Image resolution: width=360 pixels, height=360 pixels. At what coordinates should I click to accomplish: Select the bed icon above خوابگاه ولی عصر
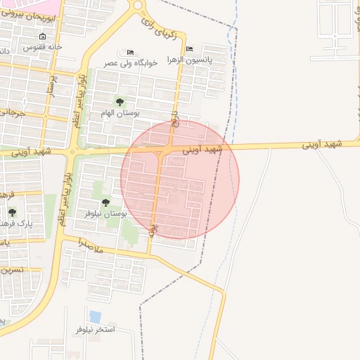129,53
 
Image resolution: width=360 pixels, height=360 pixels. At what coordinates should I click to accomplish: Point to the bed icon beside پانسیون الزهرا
190,49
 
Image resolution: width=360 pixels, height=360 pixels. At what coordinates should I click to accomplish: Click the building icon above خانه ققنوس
43,37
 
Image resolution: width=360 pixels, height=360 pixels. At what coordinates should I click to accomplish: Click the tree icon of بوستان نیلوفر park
105,202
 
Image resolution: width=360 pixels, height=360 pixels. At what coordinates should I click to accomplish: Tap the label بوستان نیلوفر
101,212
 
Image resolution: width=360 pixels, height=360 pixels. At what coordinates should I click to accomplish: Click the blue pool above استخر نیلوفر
95,316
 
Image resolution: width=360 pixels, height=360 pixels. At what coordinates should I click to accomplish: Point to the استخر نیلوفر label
95,329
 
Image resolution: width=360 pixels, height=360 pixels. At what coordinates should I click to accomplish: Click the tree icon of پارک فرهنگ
12,212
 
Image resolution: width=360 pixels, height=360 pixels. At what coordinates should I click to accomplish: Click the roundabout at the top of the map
138,6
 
